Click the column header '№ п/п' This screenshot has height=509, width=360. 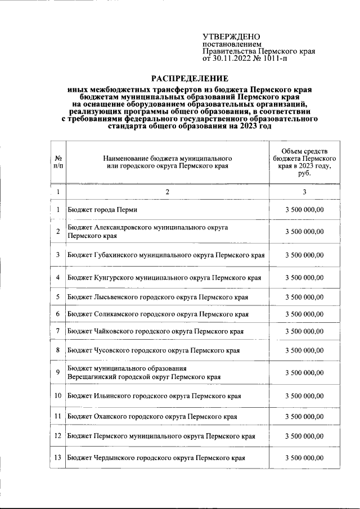point(58,163)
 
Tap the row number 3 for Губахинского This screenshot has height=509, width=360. point(58,255)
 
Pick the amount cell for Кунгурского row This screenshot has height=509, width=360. point(304,277)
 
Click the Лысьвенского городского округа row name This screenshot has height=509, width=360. point(157,297)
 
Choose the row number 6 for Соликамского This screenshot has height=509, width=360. point(58,314)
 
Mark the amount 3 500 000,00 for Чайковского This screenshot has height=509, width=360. point(304,331)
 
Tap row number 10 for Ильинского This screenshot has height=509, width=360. point(58,396)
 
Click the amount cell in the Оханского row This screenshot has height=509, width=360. point(304,416)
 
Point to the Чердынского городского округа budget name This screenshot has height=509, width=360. point(156,458)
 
